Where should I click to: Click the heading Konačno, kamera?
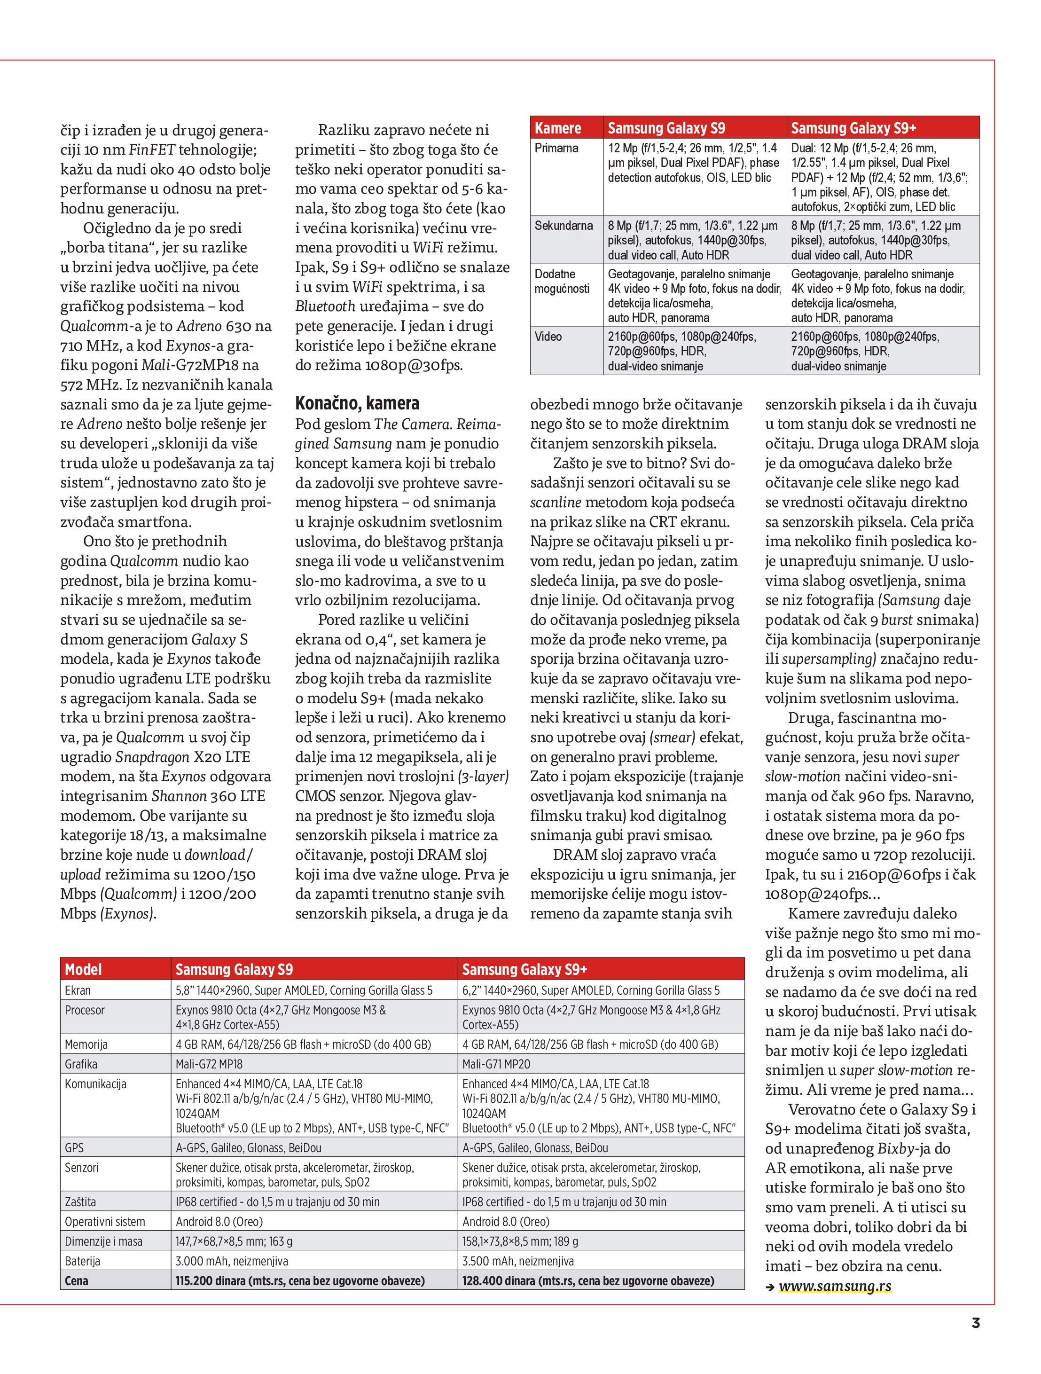point(357,403)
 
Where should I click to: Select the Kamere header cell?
point(558,128)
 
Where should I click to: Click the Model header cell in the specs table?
point(83,970)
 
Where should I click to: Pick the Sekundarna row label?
point(564,226)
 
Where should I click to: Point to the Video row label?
point(548,337)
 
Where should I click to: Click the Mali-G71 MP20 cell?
point(496,1064)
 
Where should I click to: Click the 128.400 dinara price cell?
point(587,1280)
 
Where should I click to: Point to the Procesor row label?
point(85,1010)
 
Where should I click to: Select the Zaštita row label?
point(80,1202)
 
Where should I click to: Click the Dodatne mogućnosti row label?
point(562,281)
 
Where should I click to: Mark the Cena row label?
point(77,1280)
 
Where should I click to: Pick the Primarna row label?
point(556,148)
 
